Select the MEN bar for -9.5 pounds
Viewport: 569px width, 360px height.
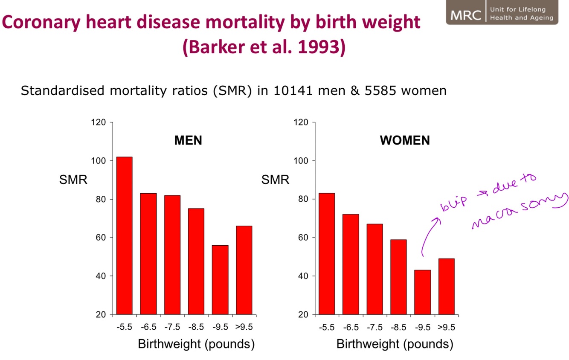(x=220, y=279)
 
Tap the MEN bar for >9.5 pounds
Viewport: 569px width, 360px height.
(x=244, y=270)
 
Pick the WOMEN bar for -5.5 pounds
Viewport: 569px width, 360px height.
(x=326, y=253)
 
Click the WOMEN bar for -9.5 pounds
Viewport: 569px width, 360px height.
(x=422, y=292)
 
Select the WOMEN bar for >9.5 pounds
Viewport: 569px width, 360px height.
(x=446, y=286)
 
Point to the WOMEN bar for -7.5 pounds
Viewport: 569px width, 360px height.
(x=374, y=269)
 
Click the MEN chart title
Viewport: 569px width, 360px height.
(x=188, y=140)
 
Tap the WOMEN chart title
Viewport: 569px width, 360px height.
(x=405, y=140)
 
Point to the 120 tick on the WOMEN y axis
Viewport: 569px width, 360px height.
(x=301, y=122)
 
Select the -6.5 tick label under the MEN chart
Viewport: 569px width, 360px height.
(x=148, y=327)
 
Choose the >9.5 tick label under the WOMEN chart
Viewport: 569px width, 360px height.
(x=446, y=327)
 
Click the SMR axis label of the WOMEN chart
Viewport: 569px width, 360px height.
(x=275, y=180)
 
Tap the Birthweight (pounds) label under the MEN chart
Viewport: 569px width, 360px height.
(x=196, y=344)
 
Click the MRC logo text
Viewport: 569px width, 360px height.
(x=465, y=15)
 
